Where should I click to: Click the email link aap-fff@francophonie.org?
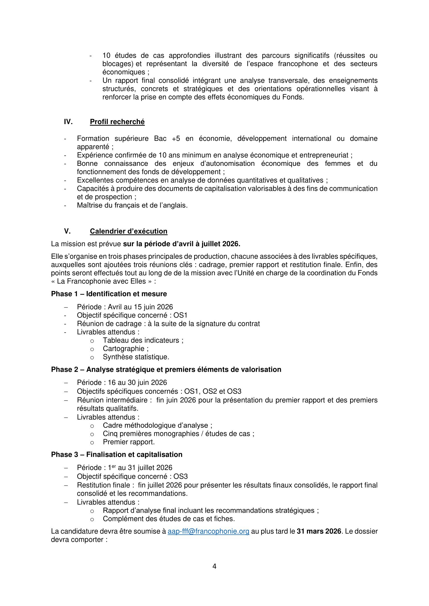(x=209, y=531)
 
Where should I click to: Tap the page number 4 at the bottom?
(x=214, y=566)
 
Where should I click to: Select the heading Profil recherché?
(x=117, y=122)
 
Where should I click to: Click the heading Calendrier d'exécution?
(x=128, y=231)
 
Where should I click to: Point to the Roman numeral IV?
(x=68, y=122)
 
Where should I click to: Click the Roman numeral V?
(x=67, y=231)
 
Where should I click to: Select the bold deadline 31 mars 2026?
(x=319, y=531)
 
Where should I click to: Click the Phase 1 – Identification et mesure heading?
(x=109, y=294)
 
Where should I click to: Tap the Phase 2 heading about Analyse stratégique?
(x=166, y=369)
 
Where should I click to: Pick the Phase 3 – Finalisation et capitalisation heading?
(x=116, y=454)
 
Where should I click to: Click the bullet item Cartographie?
(x=124, y=348)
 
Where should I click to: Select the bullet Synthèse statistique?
(x=136, y=357)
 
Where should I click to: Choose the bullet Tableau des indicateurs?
(x=141, y=340)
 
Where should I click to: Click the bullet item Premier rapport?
(x=129, y=442)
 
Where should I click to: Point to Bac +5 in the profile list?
(x=167, y=139)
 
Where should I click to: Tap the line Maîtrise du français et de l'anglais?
(x=132, y=205)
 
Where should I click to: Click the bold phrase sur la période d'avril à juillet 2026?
(x=182, y=244)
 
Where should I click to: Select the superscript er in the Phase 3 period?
(x=114, y=466)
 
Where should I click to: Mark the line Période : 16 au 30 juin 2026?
(x=122, y=382)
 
